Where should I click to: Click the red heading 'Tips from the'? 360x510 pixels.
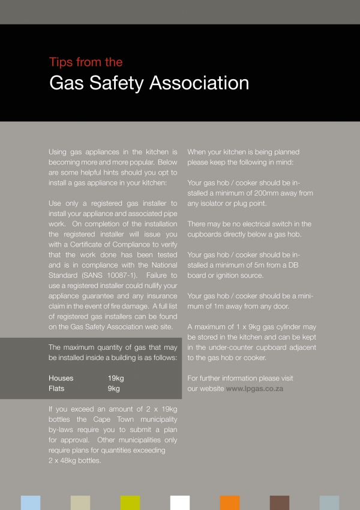(86, 62)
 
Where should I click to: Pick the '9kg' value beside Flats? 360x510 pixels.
(114, 389)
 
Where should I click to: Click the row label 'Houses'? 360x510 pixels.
(61, 379)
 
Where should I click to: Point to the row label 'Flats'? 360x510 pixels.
(56, 389)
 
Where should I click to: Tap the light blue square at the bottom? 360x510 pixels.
(31, 503)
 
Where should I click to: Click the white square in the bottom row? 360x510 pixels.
(180, 503)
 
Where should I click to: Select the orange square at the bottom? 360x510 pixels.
(230, 503)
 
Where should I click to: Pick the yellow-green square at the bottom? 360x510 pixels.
(130, 503)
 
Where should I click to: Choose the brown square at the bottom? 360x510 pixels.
(280, 503)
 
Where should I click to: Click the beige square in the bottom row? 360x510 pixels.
(80, 503)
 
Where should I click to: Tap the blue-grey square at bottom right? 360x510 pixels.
(329, 503)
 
